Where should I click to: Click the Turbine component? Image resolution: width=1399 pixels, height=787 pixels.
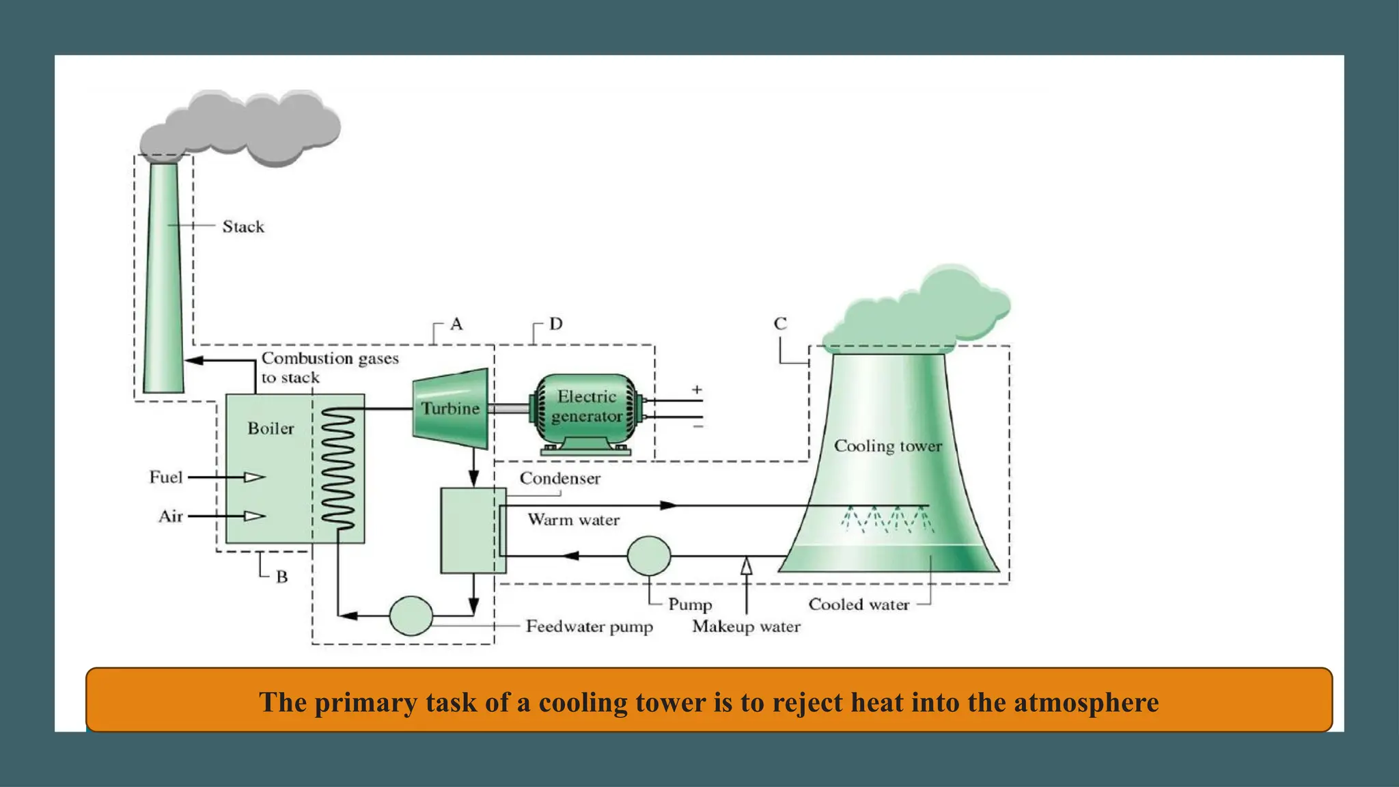(450, 409)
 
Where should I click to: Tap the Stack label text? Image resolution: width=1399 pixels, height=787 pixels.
(243, 227)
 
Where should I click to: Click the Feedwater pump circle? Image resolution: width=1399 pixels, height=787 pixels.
(411, 616)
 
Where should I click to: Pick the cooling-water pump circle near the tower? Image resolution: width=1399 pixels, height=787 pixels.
(648, 555)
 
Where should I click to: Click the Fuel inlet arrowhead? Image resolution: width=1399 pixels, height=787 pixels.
(255, 477)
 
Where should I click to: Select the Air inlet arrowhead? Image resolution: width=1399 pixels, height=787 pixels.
(255, 516)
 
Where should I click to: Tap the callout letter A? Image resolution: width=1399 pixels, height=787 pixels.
(456, 324)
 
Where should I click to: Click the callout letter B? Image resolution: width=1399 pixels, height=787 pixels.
(281, 577)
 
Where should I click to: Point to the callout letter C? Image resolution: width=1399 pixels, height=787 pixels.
(780, 324)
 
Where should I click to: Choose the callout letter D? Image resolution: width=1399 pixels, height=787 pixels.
(556, 324)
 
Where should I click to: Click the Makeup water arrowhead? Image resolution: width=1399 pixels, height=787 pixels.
(746, 566)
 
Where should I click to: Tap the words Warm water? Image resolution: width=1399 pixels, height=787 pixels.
(574, 520)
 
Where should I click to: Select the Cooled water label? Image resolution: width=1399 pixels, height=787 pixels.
(859, 605)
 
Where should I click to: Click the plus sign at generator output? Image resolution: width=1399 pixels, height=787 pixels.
(697, 390)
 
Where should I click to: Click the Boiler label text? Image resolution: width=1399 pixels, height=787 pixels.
(271, 428)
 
